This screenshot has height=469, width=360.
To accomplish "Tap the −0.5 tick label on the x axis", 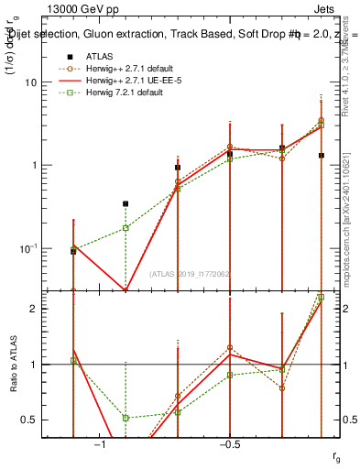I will point(229,444).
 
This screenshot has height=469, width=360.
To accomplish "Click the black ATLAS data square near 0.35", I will point(125,203).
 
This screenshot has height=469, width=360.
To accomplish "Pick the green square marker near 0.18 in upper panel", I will point(125,227).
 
